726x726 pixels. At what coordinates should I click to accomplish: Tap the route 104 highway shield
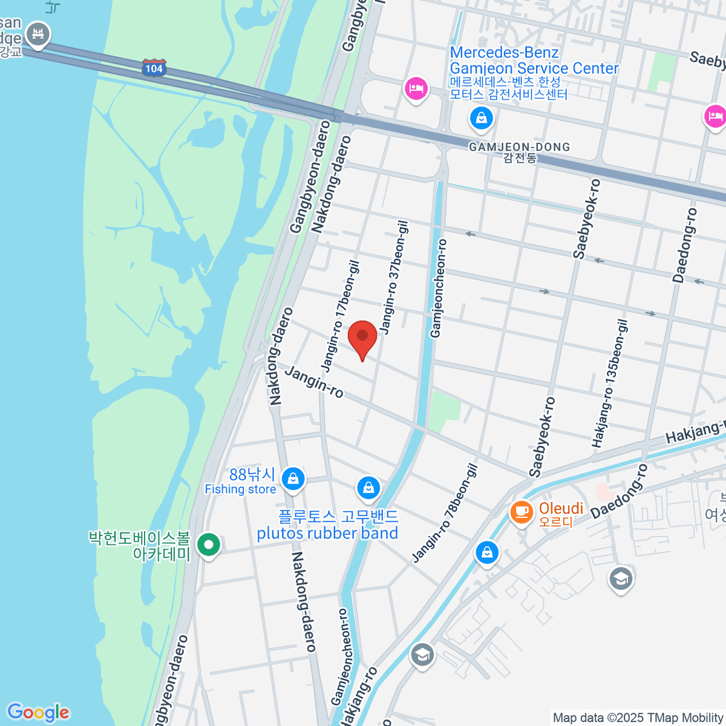[154, 68]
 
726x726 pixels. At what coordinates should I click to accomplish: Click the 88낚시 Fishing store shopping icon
[293, 479]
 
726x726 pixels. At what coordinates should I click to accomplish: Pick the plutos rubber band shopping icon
[368, 487]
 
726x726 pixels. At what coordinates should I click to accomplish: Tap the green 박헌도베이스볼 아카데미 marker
[209, 544]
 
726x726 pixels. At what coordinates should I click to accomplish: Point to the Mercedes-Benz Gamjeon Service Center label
[534, 60]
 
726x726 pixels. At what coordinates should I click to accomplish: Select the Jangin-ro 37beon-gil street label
[394, 278]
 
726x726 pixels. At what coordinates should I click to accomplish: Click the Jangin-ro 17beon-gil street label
[340, 316]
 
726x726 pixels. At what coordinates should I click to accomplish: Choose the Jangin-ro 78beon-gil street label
[445, 513]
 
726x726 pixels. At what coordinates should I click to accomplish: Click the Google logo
[38, 713]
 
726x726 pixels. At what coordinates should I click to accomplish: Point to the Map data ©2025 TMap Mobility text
[638, 718]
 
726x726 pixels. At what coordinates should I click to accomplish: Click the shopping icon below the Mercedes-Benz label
[481, 118]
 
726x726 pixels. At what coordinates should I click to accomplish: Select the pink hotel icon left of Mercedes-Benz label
[416, 89]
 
